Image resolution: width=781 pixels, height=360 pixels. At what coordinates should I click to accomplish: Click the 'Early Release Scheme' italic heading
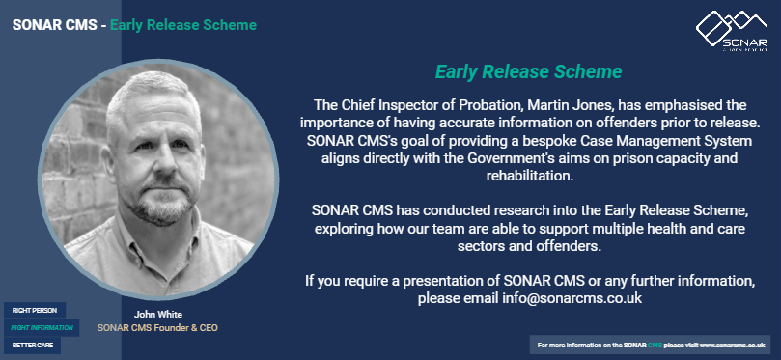528,72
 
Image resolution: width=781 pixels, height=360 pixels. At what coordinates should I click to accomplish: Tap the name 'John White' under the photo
158,315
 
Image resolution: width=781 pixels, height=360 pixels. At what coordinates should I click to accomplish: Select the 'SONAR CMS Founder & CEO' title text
158,328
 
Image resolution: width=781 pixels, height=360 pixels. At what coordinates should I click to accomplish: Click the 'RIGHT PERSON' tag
34,311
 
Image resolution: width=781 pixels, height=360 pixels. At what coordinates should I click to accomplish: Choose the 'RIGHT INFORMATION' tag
42,328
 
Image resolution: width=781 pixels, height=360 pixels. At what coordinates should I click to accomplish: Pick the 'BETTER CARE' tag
32,345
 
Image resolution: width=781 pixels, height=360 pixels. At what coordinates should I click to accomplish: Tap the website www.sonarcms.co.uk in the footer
732,345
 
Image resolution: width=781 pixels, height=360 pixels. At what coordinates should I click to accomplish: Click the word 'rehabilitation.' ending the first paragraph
528,177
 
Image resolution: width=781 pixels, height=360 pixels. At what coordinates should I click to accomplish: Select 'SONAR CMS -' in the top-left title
57,24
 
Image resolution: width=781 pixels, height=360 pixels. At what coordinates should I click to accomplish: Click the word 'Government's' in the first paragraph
569,158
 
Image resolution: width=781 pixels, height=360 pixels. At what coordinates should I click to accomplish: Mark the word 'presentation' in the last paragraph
445,281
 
